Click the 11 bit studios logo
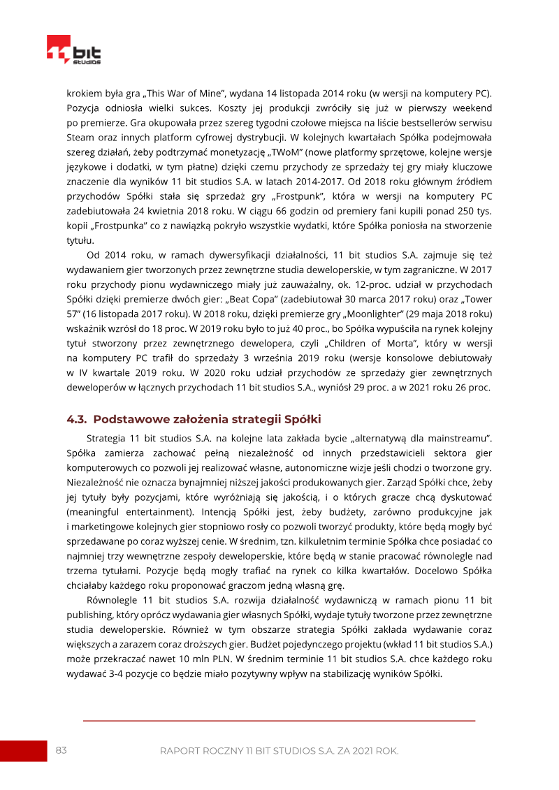pyautogui.click(x=73, y=51)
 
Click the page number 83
pyautogui.click(x=61, y=750)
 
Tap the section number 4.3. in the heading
pyautogui.click(x=77, y=419)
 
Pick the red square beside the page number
pyautogui.click(x=23, y=750)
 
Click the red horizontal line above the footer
pyautogui.click(x=279, y=720)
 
